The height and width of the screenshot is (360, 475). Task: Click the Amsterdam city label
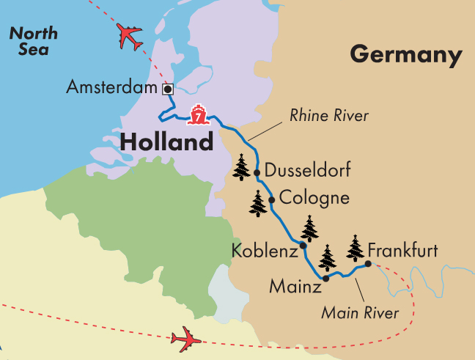tap(111, 88)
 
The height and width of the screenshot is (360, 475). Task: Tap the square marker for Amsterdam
tap(167, 88)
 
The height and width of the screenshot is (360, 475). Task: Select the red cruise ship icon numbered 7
tap(197, 114)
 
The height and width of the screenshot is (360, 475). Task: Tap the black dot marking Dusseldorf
tap(257, 173)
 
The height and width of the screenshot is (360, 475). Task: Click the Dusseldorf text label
tap(308, 172)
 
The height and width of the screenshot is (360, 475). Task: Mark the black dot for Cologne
tap(272, 199)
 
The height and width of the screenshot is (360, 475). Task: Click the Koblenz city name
tap(263, 251)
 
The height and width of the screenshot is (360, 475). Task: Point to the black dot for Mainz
tap(326, 278)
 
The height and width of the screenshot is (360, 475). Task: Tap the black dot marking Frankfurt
tap(368, 264)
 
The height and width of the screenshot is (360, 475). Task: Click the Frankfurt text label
tap(403, 251)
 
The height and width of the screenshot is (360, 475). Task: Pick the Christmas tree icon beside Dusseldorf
tap(242, 168)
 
